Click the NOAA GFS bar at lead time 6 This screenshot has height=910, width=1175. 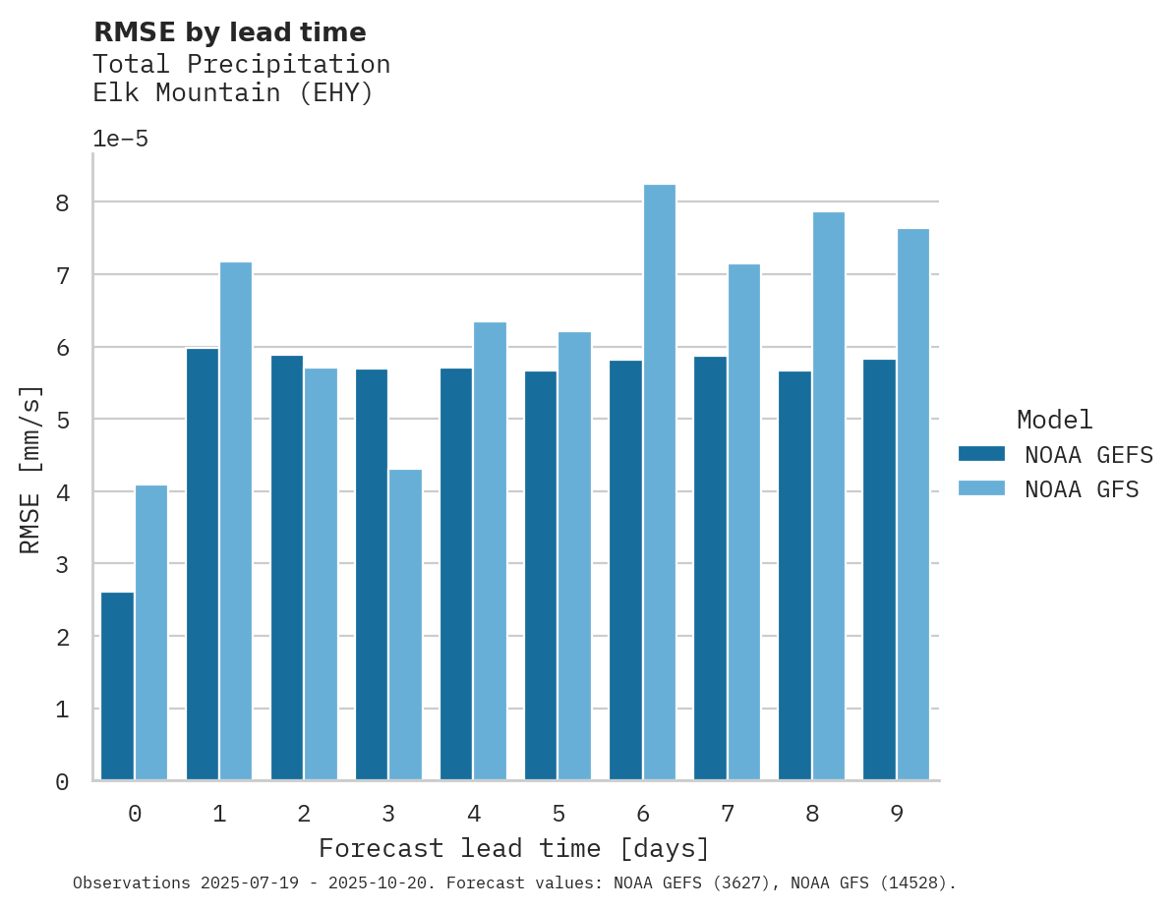pos(659,482)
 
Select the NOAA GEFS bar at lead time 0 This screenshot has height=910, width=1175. pos(118,686)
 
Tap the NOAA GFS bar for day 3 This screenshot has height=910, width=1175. pos(405,624)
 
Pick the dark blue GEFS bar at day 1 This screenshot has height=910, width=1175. pos(203,564)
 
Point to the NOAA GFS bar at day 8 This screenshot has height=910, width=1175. pos(828,495)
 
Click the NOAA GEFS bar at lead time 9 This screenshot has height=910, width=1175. pos(879,570)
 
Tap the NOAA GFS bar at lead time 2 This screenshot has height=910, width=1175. pos(321,574)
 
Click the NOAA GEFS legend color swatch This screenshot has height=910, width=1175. pos(981,454)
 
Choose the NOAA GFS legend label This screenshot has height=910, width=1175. pos(1082,489)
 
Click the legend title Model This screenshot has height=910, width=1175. pos(1054,420)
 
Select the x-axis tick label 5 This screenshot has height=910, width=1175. pos(558,814)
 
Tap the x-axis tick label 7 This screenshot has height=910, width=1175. pos(728,814)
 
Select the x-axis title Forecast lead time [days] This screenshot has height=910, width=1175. pos(513,848)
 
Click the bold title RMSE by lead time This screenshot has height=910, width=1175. pos(229,32)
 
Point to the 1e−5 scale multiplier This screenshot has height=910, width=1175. pos(120,139)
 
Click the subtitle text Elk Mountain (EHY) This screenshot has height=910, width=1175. pos(233,93)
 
